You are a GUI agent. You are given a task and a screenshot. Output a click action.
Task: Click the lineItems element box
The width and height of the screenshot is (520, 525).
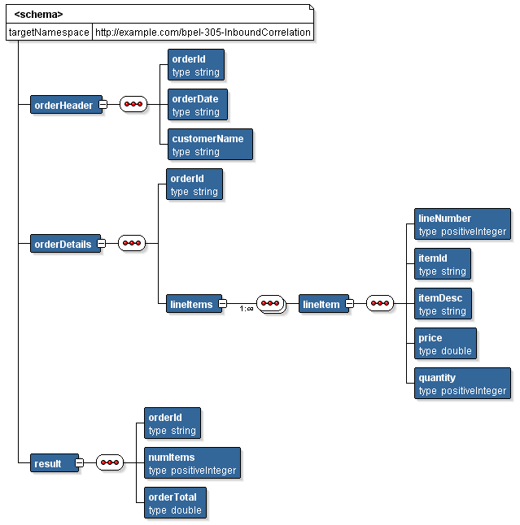click(192, 305)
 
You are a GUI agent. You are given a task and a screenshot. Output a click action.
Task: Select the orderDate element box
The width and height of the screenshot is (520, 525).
click(195, 105)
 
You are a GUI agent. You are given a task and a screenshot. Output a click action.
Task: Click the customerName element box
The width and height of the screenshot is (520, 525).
click(207, 145)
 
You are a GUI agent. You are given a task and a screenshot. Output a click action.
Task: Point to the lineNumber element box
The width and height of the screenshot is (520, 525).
click(462, 224)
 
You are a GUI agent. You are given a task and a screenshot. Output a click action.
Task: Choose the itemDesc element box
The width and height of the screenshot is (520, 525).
click(442, 304)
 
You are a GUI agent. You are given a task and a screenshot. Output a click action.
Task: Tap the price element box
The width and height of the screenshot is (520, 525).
click(444, 344)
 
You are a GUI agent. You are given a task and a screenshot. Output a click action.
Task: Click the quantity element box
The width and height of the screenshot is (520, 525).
click(462, 384)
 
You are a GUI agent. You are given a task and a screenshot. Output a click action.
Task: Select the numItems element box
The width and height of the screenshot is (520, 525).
click(192, 463)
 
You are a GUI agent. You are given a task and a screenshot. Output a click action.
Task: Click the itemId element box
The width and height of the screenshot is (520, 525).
click(442, 264)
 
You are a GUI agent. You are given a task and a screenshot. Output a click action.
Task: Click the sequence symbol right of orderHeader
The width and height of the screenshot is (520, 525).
click(133, 105)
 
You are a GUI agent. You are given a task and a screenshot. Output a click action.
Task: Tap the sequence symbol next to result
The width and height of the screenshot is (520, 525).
click(109, 463)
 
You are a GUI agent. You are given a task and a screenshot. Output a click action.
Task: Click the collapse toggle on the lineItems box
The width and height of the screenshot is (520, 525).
click(222, 305)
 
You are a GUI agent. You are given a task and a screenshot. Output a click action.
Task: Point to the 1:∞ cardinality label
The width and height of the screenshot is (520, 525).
click(246, 309)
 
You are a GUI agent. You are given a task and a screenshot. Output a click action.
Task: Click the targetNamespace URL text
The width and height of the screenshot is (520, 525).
click(203, 33)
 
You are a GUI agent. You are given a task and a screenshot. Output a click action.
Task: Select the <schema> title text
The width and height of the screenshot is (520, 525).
click(38, 14)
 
